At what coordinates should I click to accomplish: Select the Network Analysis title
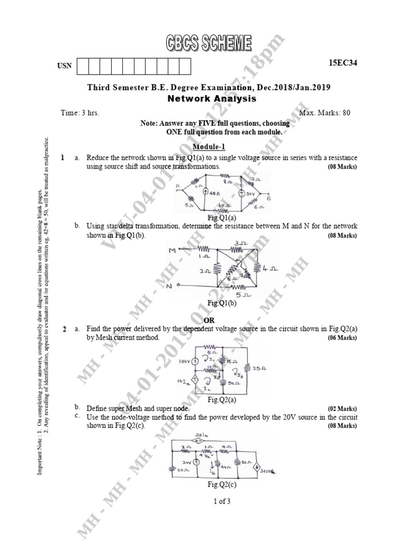[212, 98]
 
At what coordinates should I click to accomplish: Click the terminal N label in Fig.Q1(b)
[170, 286]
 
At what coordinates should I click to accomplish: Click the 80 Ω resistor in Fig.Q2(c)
[237, 463]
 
